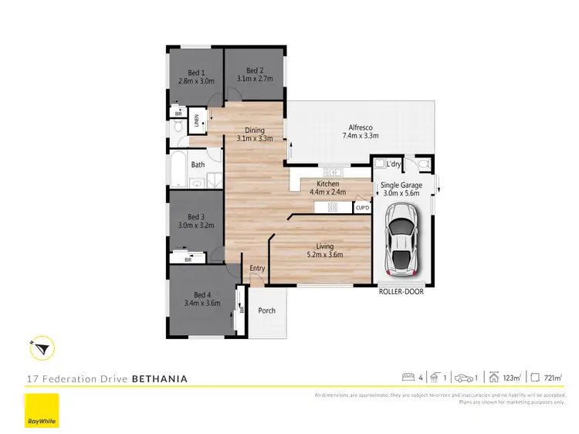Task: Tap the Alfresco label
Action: [360, 127]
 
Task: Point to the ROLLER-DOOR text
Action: [401, 292]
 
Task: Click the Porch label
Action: [266, 310]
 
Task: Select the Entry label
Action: [257, 269]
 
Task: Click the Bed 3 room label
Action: [196, 217]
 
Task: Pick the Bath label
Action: [198, 164]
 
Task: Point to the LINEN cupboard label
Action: [197, 120]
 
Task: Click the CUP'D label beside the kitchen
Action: [362, 207]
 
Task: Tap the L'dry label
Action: [394, 164]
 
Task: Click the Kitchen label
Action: [329, 184]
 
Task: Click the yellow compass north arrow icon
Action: [42, 350]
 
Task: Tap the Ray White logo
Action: [42, 410]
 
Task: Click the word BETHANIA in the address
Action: [160, 379]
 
